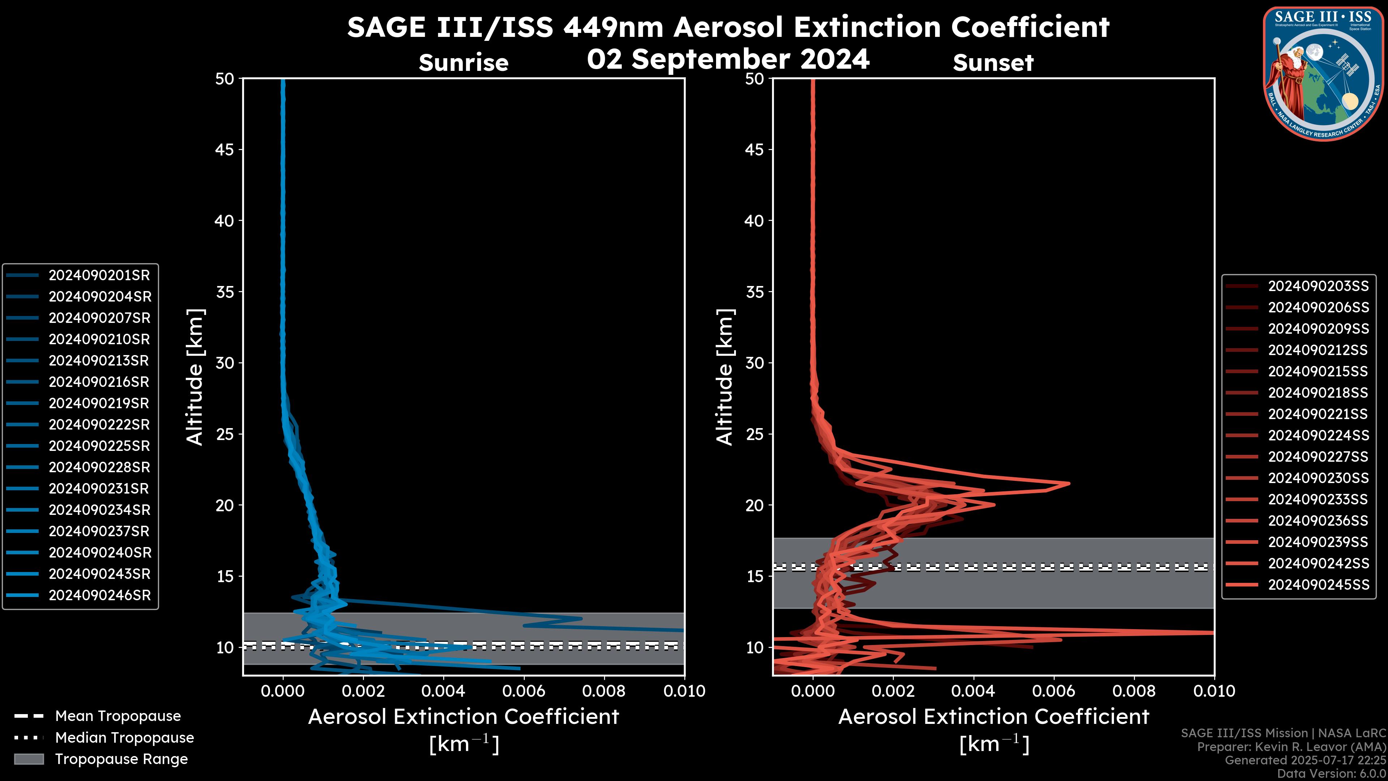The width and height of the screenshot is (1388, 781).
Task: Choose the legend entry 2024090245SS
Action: (x=1318, y=585)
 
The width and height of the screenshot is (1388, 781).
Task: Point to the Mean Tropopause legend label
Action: (x=118, y=716)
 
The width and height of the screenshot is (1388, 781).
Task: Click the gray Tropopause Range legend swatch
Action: (x=29, y=759)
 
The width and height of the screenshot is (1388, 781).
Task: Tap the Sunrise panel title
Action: (x=463, y=63)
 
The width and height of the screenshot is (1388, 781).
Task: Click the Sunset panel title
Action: (x=993, y=63)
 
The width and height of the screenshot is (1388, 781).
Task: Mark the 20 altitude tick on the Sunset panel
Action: (x=755, y=505)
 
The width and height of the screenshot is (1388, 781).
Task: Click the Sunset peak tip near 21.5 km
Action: (x=1068, y=483)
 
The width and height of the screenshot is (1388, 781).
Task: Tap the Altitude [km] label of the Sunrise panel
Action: (x=194, y=377)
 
